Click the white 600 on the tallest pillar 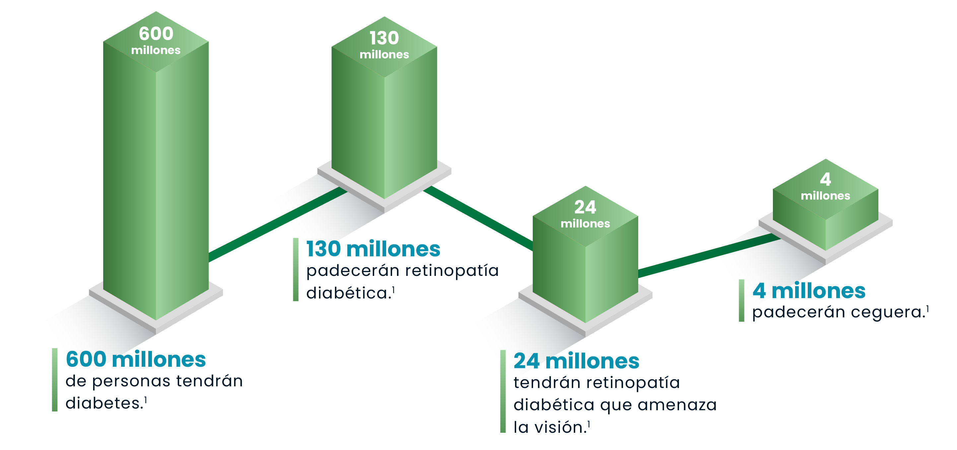coord(156,34)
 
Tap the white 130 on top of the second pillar coord(384,38)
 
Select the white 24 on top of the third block coord(585,207)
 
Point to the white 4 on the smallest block coord(826,179)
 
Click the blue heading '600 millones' coord(136,359)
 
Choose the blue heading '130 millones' coord(373,249)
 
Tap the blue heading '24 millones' coord(576,361)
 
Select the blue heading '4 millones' coord(809,290)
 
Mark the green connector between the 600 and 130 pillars coord(278,224)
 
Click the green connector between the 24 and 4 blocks coord(710,255)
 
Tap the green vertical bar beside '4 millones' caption coord(741,300)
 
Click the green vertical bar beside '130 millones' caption coord(296,270)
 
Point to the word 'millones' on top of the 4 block coord(826,196)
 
